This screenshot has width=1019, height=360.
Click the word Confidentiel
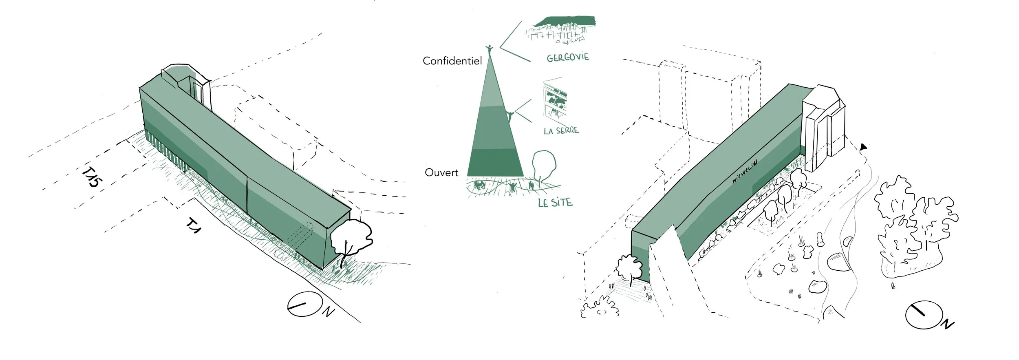click(x=452, y=61)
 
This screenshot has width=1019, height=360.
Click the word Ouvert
click(x=441, y=172)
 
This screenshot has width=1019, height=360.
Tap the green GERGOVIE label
click(x=568, y=57)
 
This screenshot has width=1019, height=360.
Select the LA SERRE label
click(x=561, y=131)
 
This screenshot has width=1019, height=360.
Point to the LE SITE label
click(x=555, y=202)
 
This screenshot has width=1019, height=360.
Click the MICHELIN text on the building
click(x=744, y=172)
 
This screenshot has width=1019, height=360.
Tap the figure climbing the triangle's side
click(x=509, y=116)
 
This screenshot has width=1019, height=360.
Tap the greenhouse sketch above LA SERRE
click(x=555, y=102)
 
